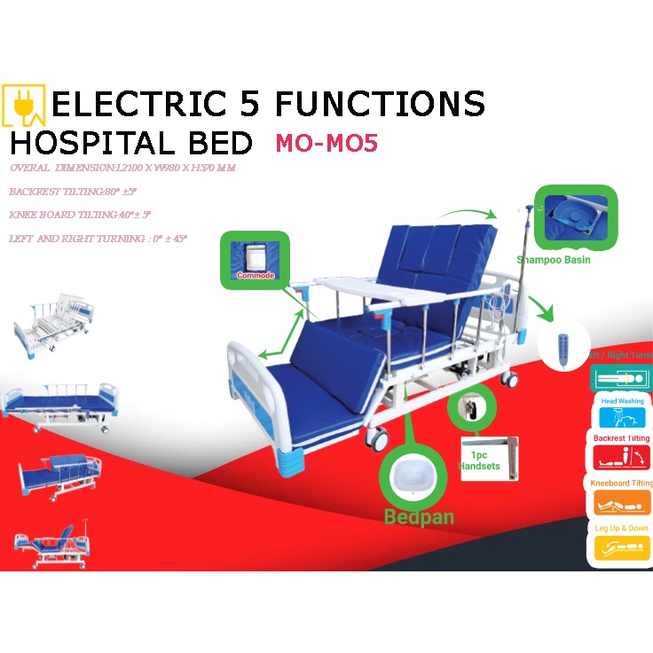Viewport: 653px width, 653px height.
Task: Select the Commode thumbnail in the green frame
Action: point(256,258)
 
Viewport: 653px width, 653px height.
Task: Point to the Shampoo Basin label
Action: point(553,260)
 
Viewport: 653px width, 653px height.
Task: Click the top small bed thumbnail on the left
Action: point(56,323)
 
